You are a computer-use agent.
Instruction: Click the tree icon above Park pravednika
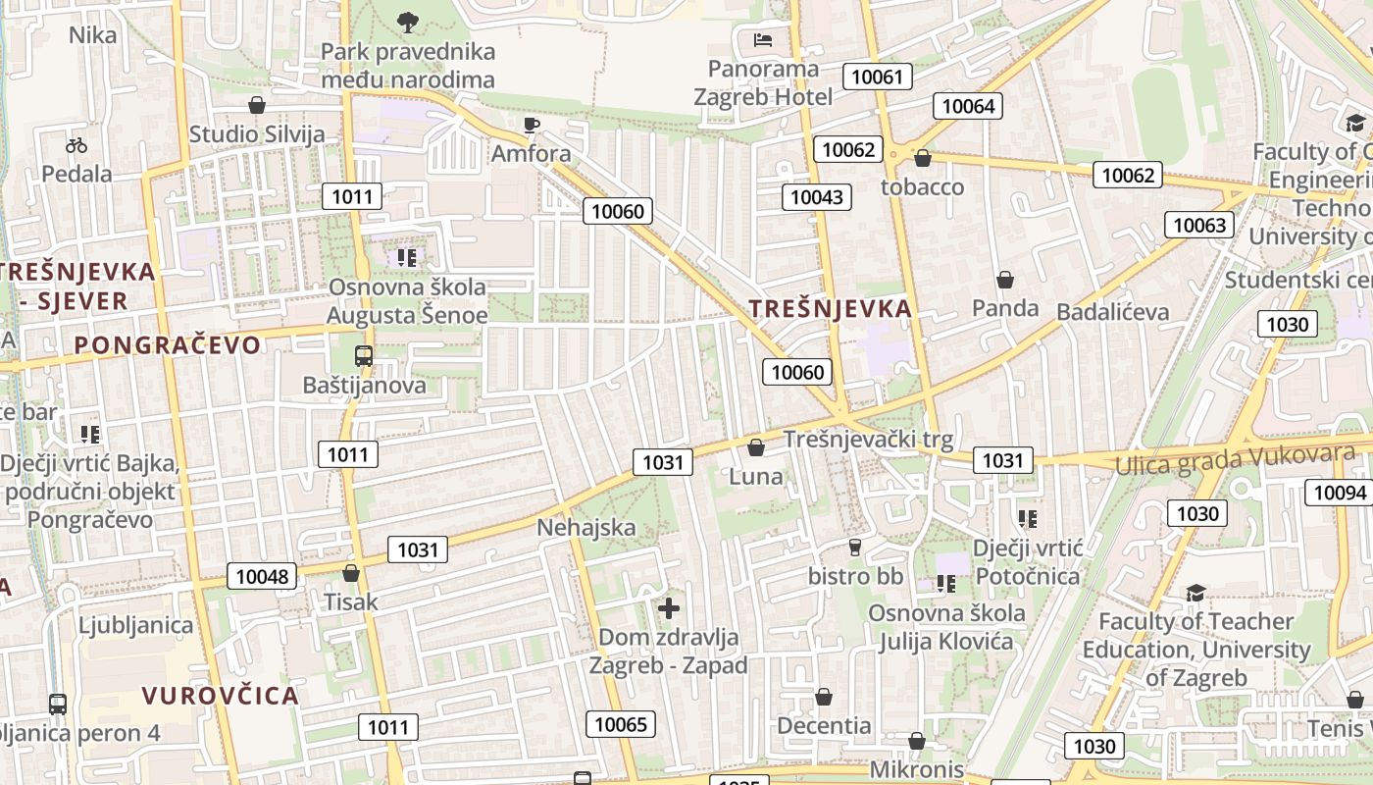coord(408,21)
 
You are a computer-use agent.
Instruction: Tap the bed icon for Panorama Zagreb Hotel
coord(763,39)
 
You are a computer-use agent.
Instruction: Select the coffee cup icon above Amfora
coord(531,124)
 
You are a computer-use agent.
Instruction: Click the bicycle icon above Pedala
coord(76,145)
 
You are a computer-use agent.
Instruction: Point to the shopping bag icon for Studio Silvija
coord(257,104)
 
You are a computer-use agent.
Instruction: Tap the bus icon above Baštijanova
coord(364,355)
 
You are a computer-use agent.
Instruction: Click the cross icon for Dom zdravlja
coord(669,608)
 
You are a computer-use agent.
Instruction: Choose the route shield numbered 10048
coord(263,576)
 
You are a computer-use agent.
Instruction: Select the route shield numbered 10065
coord(622,724)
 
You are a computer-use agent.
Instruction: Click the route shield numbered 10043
coord(817,197)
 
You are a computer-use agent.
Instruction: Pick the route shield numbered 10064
coord(969,106)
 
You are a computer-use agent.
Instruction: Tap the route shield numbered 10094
coord(1340,492)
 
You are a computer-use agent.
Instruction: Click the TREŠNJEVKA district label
coord(831,308)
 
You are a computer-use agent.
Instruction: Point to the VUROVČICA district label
coord(220,696)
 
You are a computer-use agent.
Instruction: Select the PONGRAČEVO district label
coord(168,344)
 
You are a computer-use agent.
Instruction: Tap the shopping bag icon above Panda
coord(1005,281)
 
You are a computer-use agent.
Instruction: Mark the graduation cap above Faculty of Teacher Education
coord(1195,593)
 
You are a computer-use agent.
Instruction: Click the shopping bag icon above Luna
coord(756,448)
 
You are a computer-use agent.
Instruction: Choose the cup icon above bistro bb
coord(855,547)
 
